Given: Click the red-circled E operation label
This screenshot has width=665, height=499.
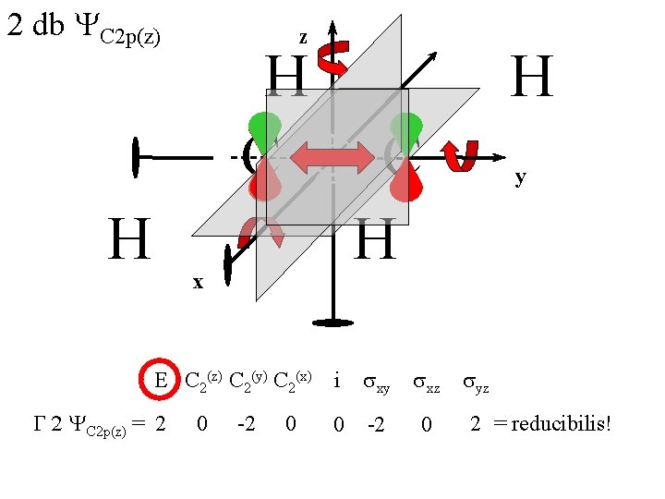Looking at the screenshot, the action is click(x=160, y=381).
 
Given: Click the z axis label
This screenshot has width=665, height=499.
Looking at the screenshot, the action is click(x=302, y=38).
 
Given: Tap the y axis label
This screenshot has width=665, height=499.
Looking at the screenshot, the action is click(x=521, y=177).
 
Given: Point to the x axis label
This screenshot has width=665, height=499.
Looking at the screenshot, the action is click(x=197, y=282).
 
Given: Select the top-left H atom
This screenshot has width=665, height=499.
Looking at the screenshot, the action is click(x=287, y=77).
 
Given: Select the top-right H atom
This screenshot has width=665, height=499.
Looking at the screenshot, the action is click(x=532, y=77).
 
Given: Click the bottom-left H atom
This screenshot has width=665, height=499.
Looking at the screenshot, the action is click(x=128, y=239).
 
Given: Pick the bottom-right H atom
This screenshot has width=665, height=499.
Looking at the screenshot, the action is click(x=375, y=239).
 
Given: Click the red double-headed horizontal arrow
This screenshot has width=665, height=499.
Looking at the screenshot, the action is click(x=326, y=158).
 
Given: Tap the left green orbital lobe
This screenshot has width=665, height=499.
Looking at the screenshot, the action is click(x=265, y=130).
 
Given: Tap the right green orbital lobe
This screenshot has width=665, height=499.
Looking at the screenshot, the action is click(x=405, y=130).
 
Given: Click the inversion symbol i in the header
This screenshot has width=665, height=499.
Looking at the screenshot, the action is click(x=337, y=380).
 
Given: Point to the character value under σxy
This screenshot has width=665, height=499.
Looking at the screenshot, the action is click(x=376, y=424).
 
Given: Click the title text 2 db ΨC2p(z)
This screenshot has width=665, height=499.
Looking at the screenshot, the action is click(x=83, y=28).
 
